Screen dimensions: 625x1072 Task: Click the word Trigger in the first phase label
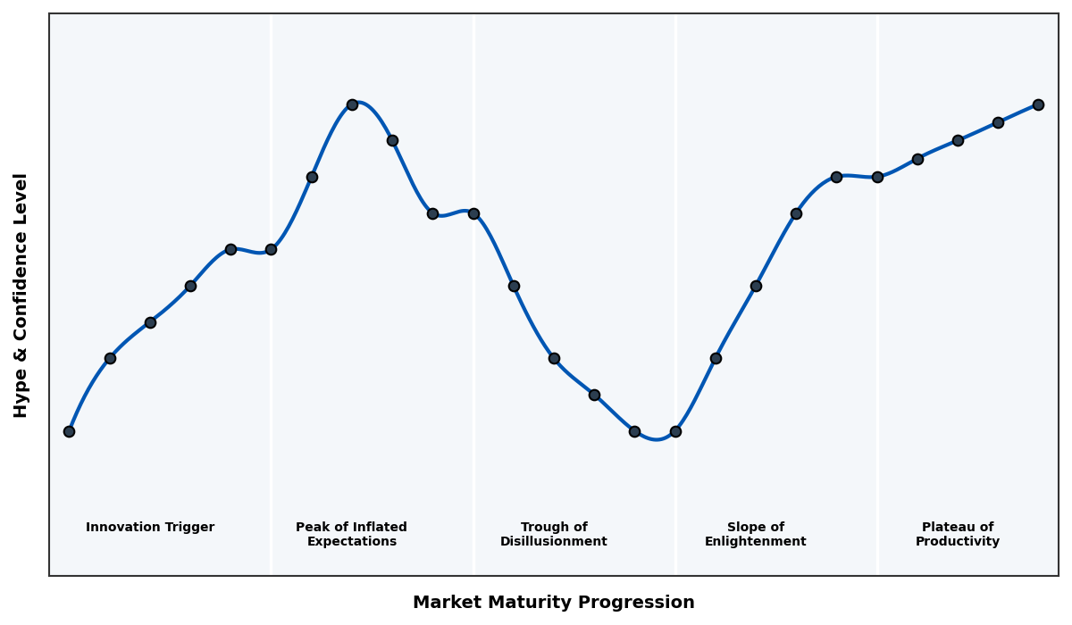point(188,528)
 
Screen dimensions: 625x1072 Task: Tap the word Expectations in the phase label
point(351,542)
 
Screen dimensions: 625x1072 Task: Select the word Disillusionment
point(553,542)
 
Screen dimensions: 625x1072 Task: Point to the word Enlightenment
point(755,542)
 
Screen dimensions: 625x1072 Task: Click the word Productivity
point(957,542)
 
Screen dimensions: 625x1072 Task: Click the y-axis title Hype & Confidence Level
point(21,295)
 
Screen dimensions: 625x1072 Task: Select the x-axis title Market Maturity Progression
point(553,603)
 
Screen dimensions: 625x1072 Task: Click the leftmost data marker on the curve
point(69,431)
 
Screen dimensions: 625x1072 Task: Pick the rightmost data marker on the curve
point(1038,104)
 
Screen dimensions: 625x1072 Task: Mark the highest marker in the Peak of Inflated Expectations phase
point(352,104)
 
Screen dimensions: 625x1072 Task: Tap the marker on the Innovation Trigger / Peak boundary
point(271,249)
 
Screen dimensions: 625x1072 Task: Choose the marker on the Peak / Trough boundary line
point(473,213)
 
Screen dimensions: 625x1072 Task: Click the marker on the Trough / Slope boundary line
point(675,431)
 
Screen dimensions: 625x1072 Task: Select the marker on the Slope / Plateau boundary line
point(877,177)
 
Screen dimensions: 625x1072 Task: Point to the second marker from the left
point(110,358)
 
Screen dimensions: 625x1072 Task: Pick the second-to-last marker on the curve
point(998,122)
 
